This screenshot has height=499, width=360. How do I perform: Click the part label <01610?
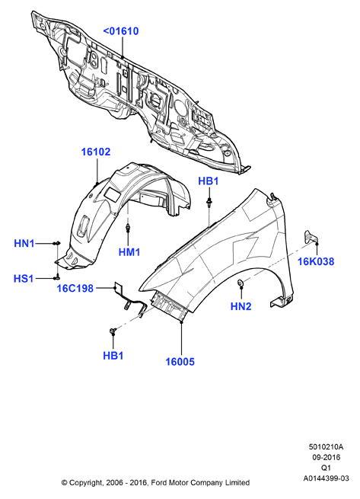121,31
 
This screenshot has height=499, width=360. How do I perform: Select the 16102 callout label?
96,152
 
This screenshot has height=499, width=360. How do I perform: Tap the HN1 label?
24,244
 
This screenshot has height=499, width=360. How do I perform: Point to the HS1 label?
24,279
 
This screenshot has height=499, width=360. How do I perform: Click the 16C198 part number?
75,288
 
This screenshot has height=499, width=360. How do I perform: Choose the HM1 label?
129,252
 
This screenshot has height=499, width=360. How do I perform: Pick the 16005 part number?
180,362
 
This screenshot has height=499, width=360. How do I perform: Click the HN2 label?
241,306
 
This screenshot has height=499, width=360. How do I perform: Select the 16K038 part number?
316,261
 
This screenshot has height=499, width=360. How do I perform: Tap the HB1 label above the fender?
209,181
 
